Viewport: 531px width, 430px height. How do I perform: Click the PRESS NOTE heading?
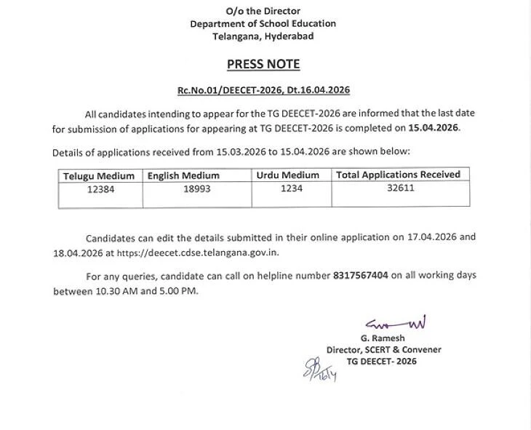tap(263, 64)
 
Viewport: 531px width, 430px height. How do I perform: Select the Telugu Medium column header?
tap(99, 176)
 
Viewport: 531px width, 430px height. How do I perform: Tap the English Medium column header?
tap(183, 176)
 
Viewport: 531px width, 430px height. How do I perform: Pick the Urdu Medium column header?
tap(288, 175)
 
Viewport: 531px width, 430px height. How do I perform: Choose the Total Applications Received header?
tap(398, 175)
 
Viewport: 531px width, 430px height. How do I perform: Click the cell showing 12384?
tap(99, 188)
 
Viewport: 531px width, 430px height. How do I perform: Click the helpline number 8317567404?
tap(361, 276)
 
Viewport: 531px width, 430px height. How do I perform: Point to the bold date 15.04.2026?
tap(434, 127)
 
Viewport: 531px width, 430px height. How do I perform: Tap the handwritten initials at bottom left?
tap(319, 370)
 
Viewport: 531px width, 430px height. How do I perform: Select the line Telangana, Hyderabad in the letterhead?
tap(263, 36)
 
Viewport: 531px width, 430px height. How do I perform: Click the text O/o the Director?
tap(263, 11)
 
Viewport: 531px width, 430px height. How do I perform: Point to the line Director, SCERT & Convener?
tap(383, 350)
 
